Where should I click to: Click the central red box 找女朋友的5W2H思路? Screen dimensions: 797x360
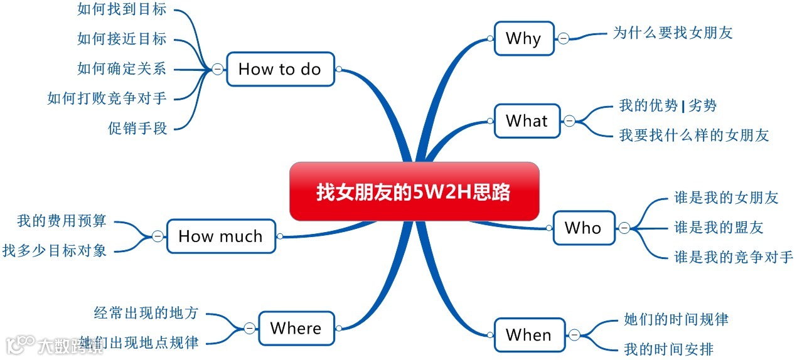(414, 191)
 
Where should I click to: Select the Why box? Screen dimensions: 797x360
(523, 39)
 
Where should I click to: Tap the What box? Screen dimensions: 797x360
(527, 120)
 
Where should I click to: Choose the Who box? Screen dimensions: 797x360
(583, 228)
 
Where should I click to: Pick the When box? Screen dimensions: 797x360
(528, 335)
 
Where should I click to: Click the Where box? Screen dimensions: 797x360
(296, 328)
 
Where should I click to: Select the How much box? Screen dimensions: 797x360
(220, 236)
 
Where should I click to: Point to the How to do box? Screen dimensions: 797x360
(279, 69)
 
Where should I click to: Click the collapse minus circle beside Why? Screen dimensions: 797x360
(564, 39)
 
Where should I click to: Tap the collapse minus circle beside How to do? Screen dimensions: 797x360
(217, 69)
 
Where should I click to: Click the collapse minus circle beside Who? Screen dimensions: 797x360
(624, 228)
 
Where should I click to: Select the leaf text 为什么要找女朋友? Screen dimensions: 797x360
(673, 33)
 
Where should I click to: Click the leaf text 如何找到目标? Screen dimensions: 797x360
(122, 9)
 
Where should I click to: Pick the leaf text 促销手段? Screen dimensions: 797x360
(138, 129)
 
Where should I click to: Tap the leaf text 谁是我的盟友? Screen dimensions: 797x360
(719, 227)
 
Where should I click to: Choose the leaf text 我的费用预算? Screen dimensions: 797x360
(62, 221)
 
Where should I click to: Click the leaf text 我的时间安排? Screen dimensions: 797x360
(669, 349)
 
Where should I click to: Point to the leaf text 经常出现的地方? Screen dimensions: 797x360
(146, 312)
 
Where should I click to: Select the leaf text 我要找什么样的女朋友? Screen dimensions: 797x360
(693, 135)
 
